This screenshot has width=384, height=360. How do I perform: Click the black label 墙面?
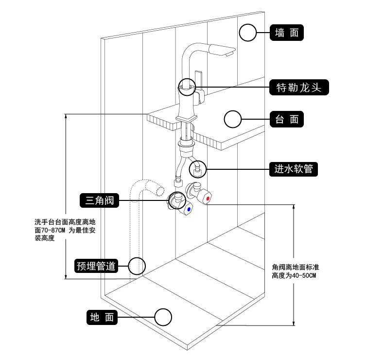pyautogui.click(x=287, y=33)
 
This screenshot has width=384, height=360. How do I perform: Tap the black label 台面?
pyautogui.click(x=287, y=119)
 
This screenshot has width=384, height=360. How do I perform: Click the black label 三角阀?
pyautogui.click(x=99, y=199)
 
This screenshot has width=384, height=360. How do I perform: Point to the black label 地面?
pyautogui.click(x=102, y=318)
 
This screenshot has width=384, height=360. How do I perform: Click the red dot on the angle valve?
pyautogui.click(x=208, y=199)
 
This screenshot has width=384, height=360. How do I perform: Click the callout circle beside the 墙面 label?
pyautogui.click(x=248, y=33)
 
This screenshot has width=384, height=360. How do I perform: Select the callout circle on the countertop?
pyautogui.click(x=232, y=119)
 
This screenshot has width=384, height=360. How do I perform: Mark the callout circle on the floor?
pyautogui.click(x=163, y=317)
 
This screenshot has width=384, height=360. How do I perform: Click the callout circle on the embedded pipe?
pyautogui.click(x=137, y=266)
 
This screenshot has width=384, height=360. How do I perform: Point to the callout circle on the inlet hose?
pyautogui.click(x=198, y=169)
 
